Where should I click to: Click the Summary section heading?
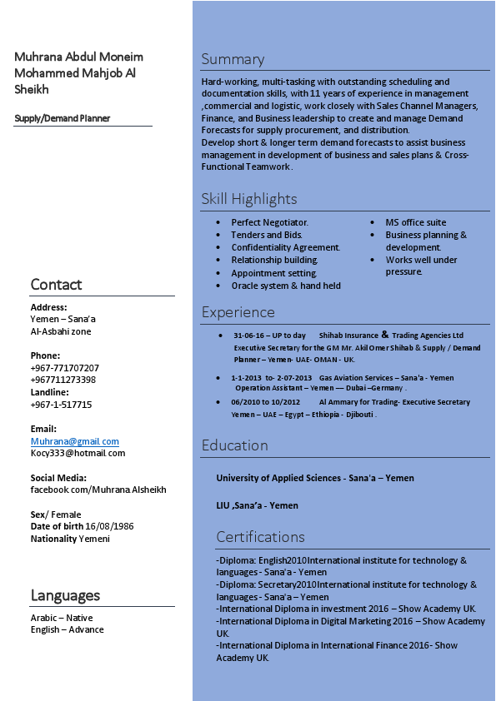(233, 59)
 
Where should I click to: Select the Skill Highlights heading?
(248, 199)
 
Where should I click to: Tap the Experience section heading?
(238, 312)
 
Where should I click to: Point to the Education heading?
(234, 445)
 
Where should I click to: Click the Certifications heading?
(260, 537)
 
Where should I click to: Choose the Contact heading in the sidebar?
(56, 285)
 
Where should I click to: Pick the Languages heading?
(65, 595)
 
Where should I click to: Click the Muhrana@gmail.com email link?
(75, 441)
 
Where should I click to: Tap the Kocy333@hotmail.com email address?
(78, 453)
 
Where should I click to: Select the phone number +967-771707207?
(64, 368)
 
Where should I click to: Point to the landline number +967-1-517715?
(61, 405)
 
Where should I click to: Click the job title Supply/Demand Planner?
(63, 118)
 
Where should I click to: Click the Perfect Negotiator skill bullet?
(269, 222)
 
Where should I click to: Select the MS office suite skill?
(415, 222)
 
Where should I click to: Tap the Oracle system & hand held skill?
(286, 286)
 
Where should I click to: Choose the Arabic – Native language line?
(62, 618)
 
